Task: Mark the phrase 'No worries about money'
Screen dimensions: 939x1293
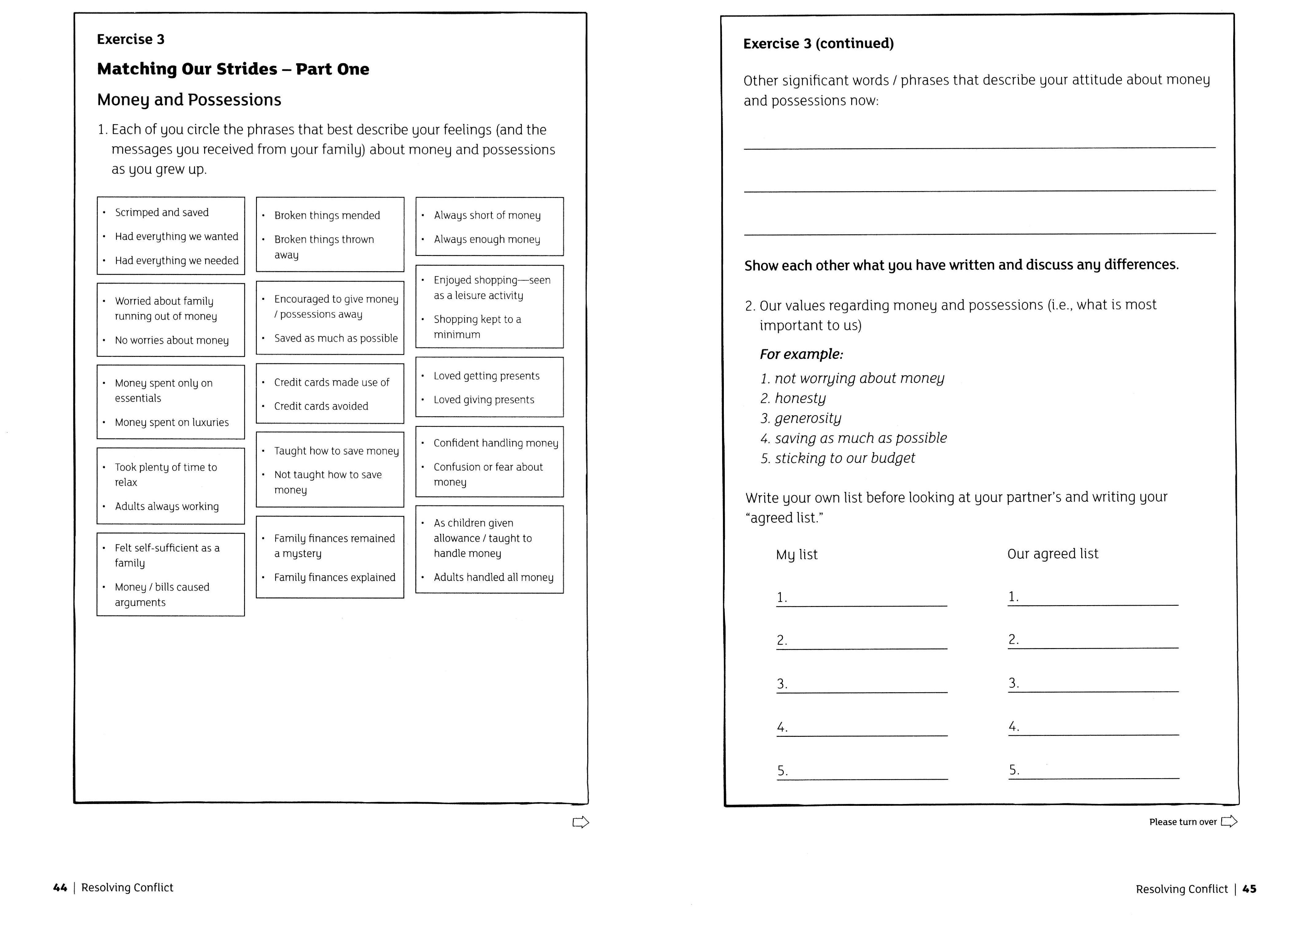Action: point(172,341)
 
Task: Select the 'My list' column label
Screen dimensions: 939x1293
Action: point(796,555)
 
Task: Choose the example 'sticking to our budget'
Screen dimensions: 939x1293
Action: point(844,458)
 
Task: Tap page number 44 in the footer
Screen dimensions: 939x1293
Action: point(60,888)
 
